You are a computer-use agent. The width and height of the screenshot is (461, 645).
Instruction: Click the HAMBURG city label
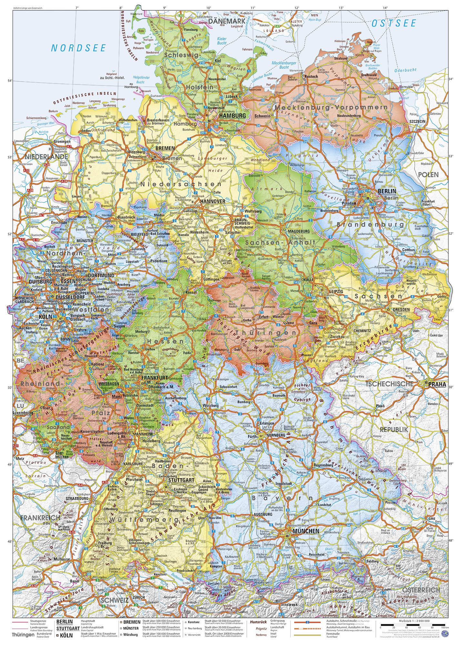click(232, 115)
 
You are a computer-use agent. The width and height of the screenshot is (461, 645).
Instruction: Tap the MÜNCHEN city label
click(306, 531)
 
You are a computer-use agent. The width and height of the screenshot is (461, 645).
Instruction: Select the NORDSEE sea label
click(78, 48)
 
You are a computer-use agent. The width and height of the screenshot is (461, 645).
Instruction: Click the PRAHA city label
click(437, 384)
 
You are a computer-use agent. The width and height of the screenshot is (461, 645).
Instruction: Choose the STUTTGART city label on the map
click(181, 480)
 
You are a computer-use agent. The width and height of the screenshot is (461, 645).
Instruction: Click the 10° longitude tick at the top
click(208, 7)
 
